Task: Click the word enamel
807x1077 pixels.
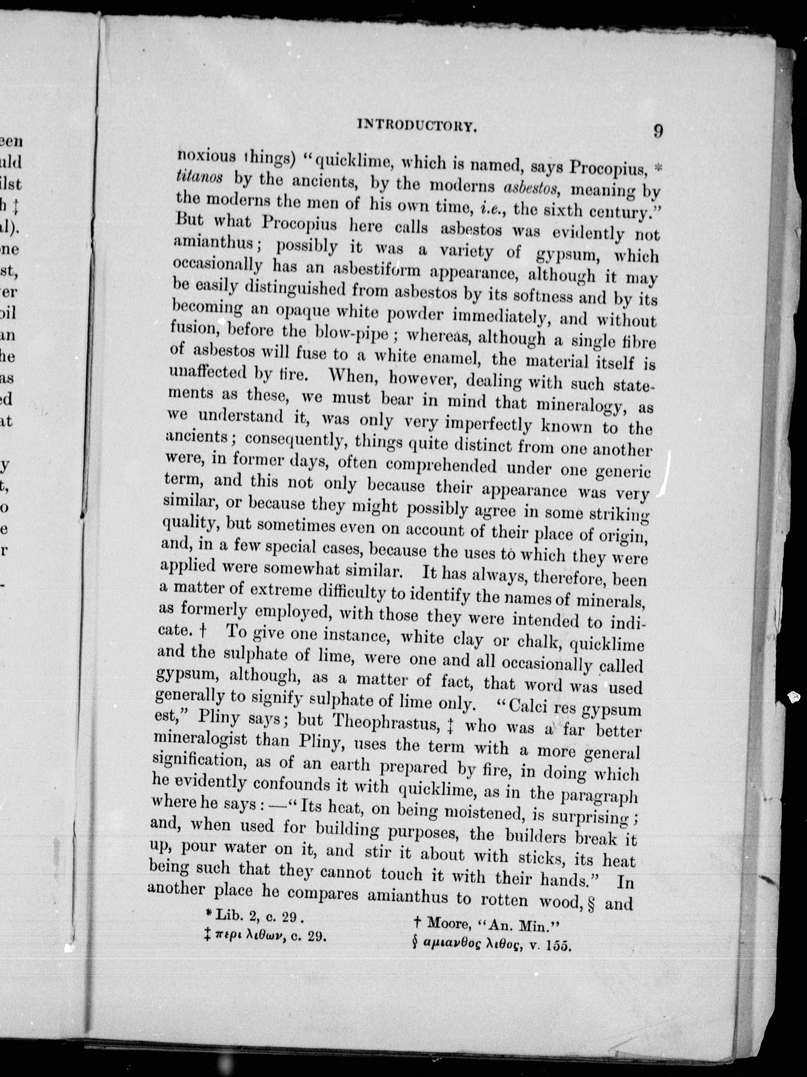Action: point(455,358)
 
